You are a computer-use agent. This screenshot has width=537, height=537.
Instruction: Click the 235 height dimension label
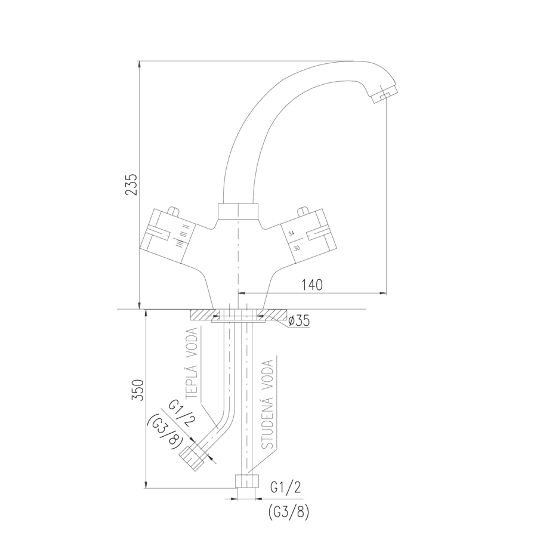coord(131,184)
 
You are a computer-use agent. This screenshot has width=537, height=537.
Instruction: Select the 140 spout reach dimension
coord(312,285)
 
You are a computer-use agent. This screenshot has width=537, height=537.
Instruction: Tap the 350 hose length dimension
coord(138,390)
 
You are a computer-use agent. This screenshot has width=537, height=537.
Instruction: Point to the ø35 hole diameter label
coord(299,321)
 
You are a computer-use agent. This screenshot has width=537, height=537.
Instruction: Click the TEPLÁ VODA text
coord(192,363)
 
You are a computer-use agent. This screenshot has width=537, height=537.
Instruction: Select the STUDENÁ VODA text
coord(267,404)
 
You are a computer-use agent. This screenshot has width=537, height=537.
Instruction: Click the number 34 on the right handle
coord(291,234)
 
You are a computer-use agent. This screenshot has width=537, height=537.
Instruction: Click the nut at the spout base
coord(237,212)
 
